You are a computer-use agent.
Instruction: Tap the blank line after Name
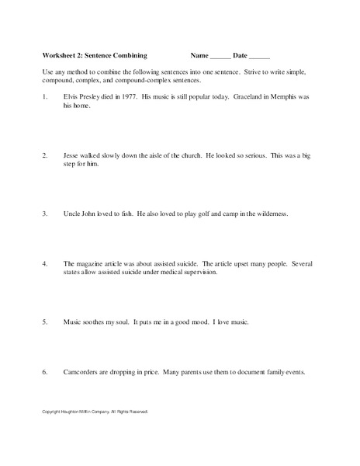[220, 57]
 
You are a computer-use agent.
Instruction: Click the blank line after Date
[259, 57]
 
